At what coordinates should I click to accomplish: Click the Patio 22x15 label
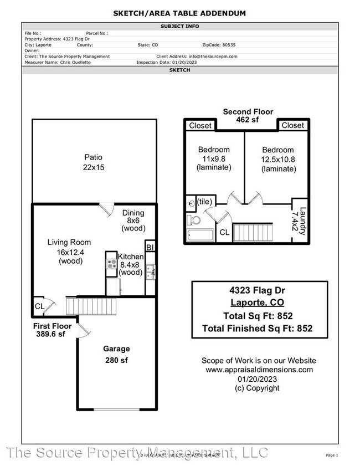93,162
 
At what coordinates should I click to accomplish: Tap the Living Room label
69,251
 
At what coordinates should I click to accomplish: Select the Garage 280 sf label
116,354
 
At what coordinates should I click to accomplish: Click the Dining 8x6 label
133,220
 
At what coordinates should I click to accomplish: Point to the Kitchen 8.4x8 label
131,264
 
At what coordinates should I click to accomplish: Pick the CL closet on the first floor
39,305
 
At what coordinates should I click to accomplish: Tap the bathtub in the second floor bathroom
200,235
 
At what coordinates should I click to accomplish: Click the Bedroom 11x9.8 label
214,158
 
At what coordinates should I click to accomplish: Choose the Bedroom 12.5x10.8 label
278,159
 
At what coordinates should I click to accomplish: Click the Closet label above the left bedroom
200,125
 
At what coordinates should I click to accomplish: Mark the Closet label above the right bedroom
292,125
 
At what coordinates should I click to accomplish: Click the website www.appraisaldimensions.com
259,370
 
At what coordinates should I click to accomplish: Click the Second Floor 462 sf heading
248,115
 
